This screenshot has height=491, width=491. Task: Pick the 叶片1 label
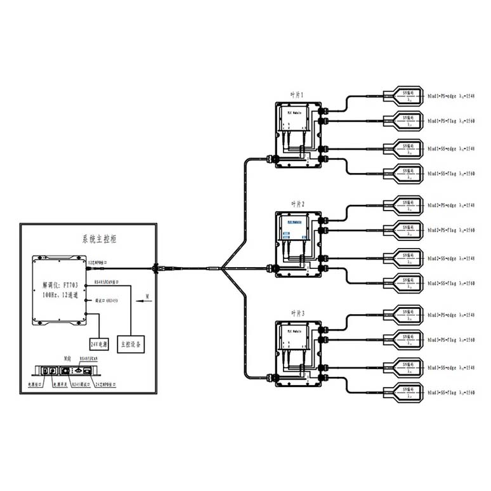(298, 94)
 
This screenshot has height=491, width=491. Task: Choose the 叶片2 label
(298, 204)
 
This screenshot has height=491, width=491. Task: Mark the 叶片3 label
(298, 313)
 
